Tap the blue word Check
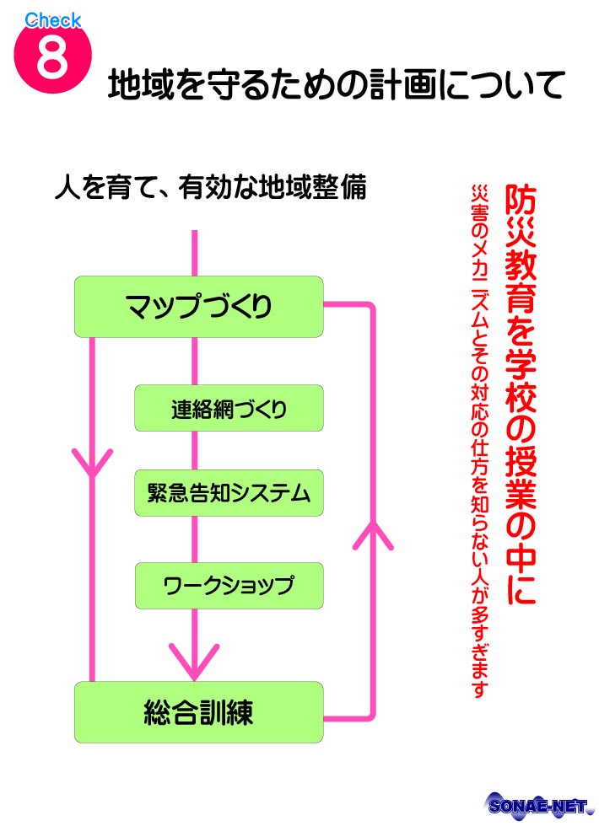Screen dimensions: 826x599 point(52,19)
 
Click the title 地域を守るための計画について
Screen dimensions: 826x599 point(336,87)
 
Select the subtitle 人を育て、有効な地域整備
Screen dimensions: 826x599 point(210,187)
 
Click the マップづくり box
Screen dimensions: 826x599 point(199,307)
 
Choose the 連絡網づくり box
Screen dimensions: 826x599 point(229,408)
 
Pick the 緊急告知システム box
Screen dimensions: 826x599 point(229,492)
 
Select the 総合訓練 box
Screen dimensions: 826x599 point(199,712)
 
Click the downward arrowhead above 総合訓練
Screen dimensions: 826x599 point(196,662)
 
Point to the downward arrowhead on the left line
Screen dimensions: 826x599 point(93,461)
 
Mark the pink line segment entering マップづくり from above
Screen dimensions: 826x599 point(196,252)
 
